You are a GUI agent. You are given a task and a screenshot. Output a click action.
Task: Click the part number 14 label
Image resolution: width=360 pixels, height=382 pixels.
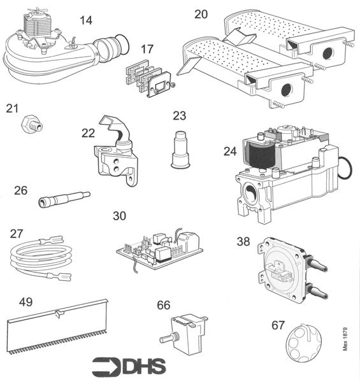pos(86,20)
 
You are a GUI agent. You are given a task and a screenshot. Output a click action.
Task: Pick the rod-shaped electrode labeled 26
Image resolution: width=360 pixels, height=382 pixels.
pos(64,197)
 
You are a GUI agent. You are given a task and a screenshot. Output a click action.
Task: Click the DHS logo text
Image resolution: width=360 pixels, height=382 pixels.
pos(131,366)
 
